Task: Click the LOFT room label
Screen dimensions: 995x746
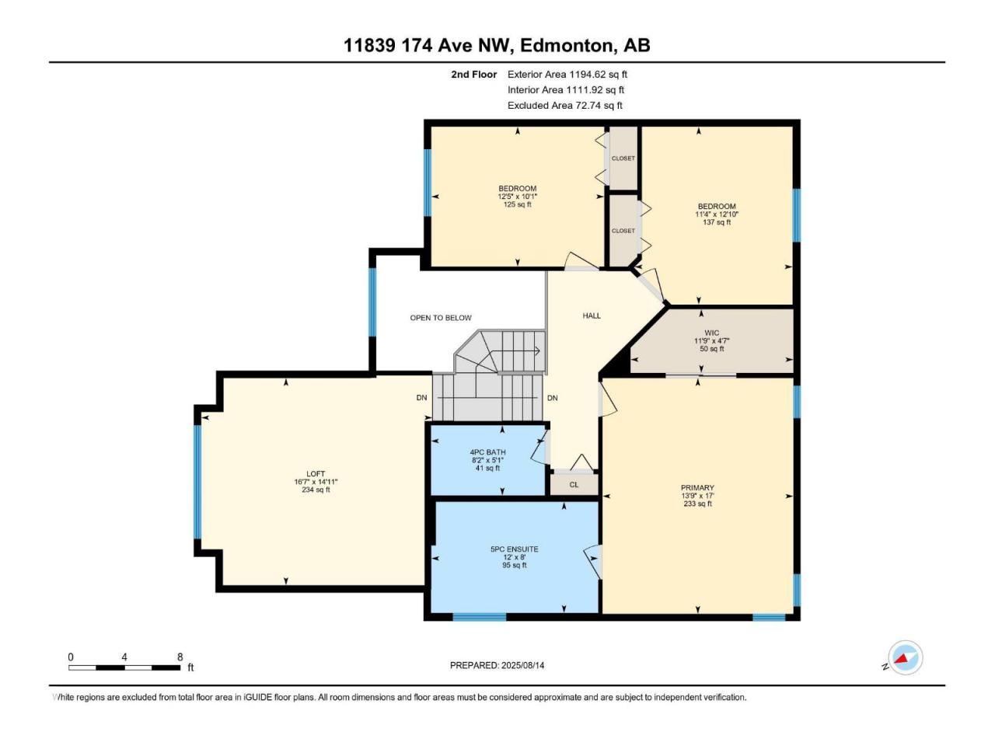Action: point(316,474)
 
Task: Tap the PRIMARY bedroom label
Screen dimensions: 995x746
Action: point(697,487)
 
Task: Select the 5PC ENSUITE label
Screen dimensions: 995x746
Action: point(514,549)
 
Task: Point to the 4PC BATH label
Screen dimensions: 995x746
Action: point(487,452)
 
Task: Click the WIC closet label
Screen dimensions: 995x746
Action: point(712,333)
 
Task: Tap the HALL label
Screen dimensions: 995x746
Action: point(592,315)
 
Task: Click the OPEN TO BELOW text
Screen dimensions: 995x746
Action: point(441,318)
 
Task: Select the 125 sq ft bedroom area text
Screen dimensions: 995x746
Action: point(517,204)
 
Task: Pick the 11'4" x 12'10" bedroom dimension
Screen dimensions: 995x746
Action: point(717,214)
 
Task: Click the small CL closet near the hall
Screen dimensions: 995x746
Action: point(574,485)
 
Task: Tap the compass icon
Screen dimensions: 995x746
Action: point(906,657)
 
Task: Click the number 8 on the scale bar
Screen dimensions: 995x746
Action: point(180,657)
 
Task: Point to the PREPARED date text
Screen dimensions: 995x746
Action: point(497,665)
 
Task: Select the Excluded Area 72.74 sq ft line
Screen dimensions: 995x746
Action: point(565,106)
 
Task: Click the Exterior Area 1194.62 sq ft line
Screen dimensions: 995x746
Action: point(567,75)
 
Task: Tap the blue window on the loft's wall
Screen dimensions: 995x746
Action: point(197,482)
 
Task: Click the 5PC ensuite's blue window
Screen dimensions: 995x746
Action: point(479,617)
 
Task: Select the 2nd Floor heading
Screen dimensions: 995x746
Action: point(473,75)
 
